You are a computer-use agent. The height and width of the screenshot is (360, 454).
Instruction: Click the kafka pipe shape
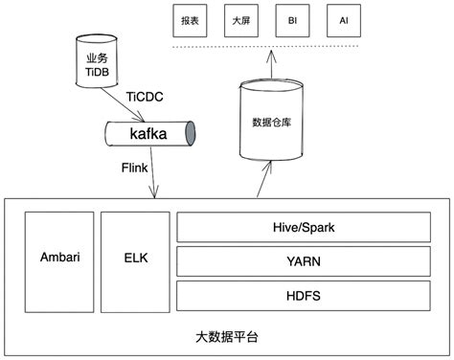(148, 133)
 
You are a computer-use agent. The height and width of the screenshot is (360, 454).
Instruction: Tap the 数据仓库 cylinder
(270, 123)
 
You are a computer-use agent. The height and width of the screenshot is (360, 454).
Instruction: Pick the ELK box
(133, 258)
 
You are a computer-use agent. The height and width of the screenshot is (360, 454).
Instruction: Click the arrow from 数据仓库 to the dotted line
(270, 65)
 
